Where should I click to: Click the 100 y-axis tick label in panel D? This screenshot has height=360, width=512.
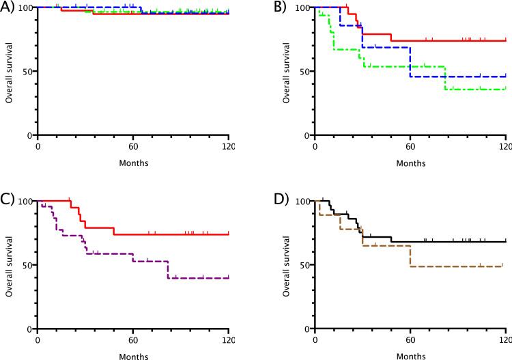[x=302, y=201]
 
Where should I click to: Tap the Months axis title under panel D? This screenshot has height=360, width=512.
[x=410, y=356]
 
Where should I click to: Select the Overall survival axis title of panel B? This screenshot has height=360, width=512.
[x=287, y=72]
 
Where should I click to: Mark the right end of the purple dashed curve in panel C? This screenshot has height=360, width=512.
[x=229, y=278]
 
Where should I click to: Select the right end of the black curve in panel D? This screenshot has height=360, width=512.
[x=505, y=241]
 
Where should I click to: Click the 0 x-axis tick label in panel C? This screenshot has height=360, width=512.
[x=38, y=340]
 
